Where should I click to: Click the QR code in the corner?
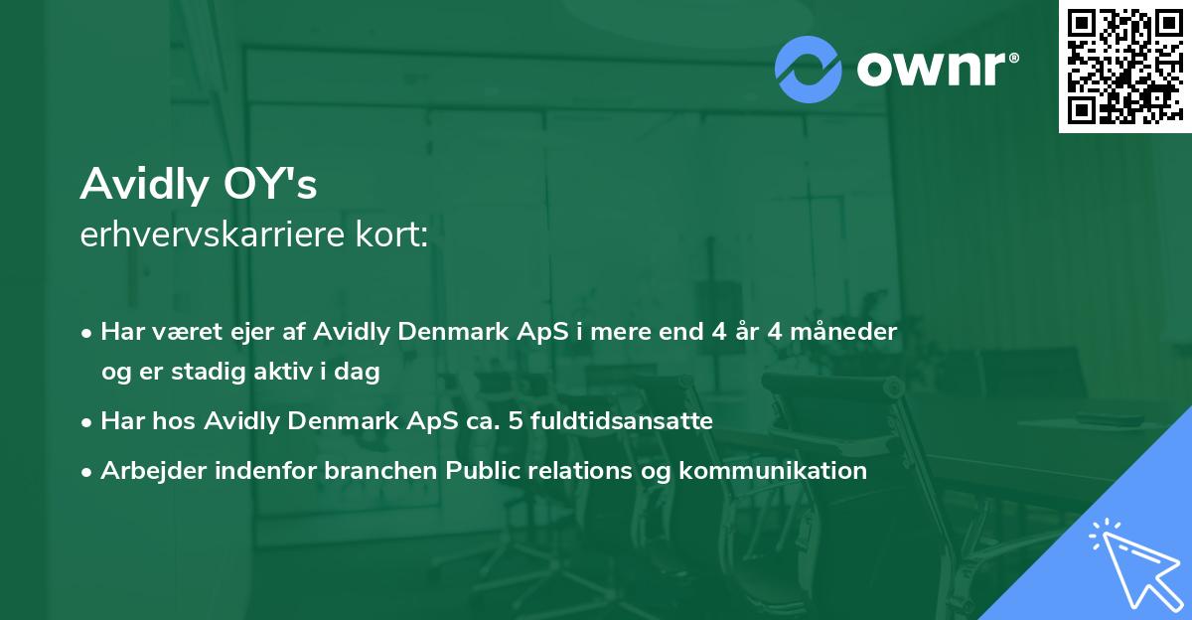click(1124, 66)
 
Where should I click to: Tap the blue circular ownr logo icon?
click(809, 70)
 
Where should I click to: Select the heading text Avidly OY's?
click(199, 184)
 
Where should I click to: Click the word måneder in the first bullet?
click(849, 332)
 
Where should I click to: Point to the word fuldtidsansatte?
click(627, 421)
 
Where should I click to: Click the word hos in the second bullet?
click(172, 421)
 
